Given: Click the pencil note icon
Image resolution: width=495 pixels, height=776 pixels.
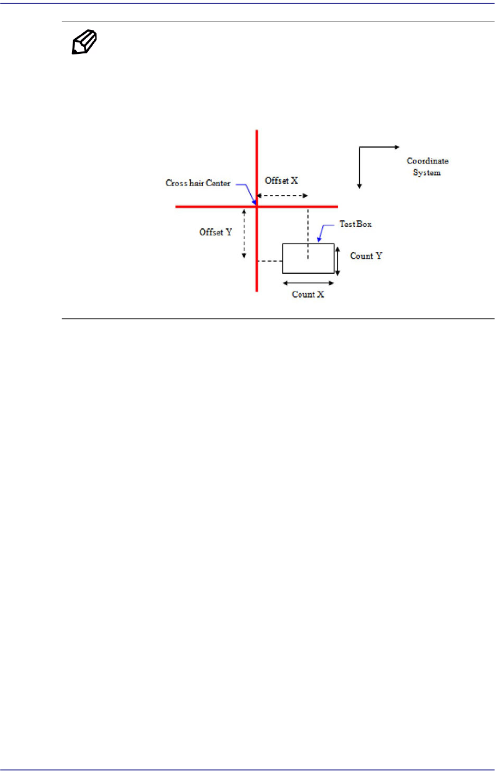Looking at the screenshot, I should point(84,43).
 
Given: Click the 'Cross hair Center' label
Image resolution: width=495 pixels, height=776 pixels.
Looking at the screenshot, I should point(198,183).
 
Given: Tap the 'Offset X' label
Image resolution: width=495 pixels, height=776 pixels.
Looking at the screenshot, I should point(281,181).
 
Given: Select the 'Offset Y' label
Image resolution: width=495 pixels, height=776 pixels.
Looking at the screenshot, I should point(215,232).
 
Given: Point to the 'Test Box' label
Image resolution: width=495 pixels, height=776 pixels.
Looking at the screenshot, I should point(355,224).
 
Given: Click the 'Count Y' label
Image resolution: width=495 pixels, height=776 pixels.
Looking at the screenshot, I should point(366,256).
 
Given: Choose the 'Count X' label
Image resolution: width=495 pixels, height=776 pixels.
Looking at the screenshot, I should point(308,294).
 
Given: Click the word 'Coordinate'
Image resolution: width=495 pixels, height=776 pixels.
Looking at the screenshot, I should point(427,161).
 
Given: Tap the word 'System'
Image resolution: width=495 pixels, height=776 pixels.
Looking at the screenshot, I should point(427,173).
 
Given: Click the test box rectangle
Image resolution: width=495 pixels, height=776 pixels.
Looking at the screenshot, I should point(308,258).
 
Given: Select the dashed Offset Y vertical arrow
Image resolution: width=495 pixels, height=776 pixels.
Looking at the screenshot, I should point(244,234).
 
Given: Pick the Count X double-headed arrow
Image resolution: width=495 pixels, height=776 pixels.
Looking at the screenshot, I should point(308,283).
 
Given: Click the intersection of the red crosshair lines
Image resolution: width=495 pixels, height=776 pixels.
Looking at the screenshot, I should point(257,207).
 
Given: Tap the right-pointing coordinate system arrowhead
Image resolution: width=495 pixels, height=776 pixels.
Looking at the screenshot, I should point(397,147).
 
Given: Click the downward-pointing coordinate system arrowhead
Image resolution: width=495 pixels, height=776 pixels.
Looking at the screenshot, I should point(359,186).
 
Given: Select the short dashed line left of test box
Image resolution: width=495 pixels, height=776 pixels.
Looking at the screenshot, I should point(269,262).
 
